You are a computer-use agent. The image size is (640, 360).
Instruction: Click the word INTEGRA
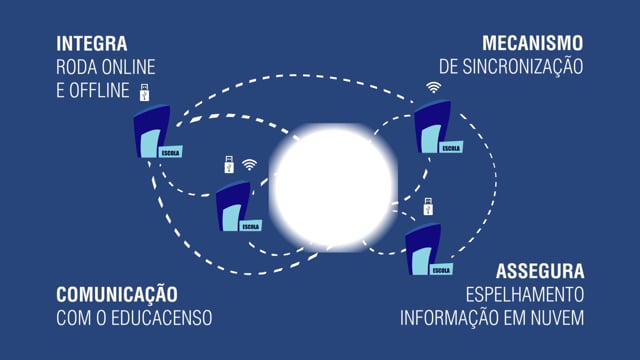click(x=93, y=44)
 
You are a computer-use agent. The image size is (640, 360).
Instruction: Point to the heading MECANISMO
click(x=532, y=44)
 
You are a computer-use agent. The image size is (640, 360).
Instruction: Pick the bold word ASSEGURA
click(x=540, y=271)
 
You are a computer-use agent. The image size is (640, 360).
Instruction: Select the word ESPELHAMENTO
click(x=525, y=295)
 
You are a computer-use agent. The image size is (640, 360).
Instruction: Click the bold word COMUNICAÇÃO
click(x=117, y=295)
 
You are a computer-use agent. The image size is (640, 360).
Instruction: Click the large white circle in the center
click(x=333, y=185)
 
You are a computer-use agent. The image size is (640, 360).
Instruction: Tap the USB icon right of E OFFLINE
click(x=144, y=92)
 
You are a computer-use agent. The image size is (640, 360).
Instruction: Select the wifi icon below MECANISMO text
click(x=433, y=87)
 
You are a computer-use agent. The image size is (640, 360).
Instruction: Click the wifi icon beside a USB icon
click(x=250, y=165)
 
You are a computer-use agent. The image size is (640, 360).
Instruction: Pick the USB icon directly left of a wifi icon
click(x=229, y=165)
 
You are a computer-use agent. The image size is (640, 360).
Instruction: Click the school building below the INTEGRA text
click(x=155, y=133)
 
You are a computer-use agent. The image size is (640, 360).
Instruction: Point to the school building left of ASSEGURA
click(x=427, y=250)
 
